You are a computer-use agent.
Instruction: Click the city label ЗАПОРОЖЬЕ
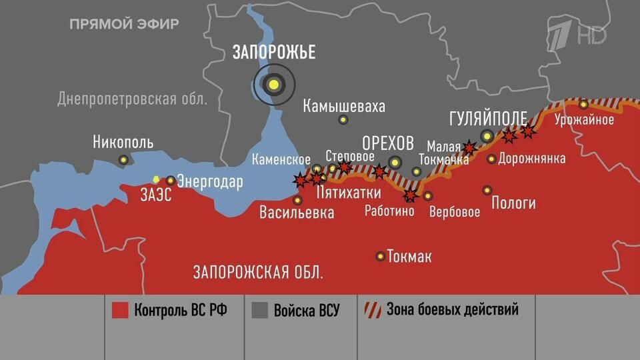[x=273, y=53]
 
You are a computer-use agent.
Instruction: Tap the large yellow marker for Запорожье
[x=273, y=84]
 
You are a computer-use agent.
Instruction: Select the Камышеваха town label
[x=343, y=106]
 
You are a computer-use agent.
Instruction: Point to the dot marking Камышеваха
[x=343, y=120]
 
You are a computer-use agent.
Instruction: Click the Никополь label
[x=123, y=142]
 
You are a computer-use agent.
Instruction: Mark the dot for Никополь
[x=123, y=159]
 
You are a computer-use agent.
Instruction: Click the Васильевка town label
[x=297, y=213]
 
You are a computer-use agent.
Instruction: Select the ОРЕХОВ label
[x=387, y=143]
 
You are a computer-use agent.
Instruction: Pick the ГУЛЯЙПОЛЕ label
[x=488, y=118]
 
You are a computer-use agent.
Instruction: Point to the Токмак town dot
[x=381, y=256]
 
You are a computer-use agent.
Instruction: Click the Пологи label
[x=513, y=203]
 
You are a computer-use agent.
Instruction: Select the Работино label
[x=389, y=211]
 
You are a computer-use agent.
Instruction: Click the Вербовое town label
[x=455, y=213]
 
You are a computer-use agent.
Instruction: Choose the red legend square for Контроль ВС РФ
[x=120, y=311]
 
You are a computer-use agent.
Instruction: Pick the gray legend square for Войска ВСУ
[x=260, y=311]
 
